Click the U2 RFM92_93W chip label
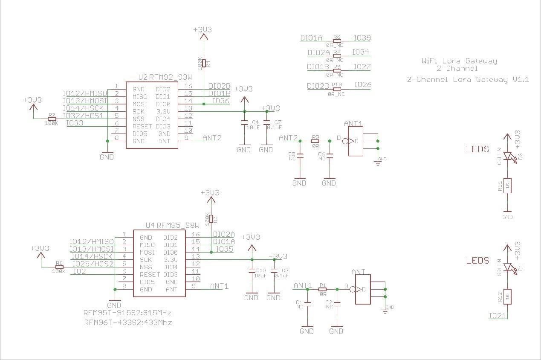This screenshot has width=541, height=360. point(165,77)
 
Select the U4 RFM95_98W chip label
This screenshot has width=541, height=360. point(172,225)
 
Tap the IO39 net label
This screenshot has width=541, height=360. point(362,38)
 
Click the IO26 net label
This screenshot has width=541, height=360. point(363,85)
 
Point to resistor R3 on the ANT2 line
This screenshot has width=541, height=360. point(315,140)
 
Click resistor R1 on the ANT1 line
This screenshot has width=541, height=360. point(323,289)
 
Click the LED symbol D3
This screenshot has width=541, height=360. point(507,157)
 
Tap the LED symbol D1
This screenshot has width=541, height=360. point(507,267)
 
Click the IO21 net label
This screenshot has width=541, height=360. point(498,316)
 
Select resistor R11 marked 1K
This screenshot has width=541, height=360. point(507,186)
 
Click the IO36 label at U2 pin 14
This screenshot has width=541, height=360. point(220,101)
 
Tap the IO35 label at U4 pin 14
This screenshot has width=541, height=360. point(224,249)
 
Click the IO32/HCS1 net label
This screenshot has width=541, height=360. point(83,116)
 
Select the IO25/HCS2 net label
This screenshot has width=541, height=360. point(93,264)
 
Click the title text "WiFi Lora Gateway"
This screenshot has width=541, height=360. point(459,61)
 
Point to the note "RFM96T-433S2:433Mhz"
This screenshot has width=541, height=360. point(128,322)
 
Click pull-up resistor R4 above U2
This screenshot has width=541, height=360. point(204,63)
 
